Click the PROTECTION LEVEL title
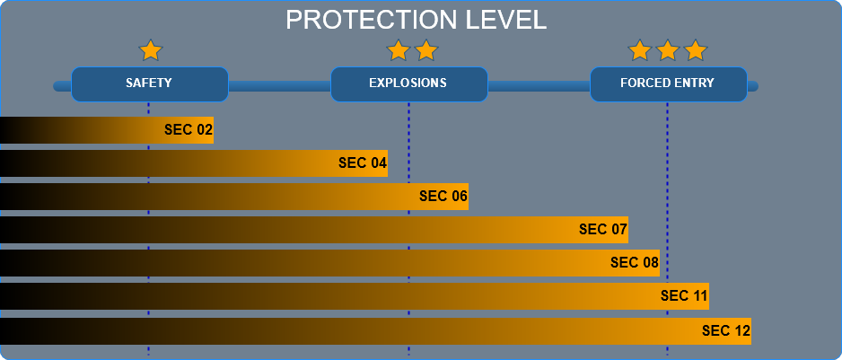pyautogui.click(x=417, y=20)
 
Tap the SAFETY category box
pyautogui.click(x=150, y=84)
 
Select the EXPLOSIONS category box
pyautogui.click(x=409, y=84)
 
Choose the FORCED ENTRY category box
pyautogui.click(x=669, y=84)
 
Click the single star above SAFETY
pyautogui.click(x=151, y=50)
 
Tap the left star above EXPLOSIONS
pyautogui.click(x=399, y=50)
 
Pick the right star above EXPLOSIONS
pyautogui.click(x=426, y=50)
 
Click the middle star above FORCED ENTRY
pyautogui.click(x=668, y=50)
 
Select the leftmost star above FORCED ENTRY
pyautogui.click(x=640, y=50)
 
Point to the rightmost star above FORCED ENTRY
pyautogui.click(x=696, y=50)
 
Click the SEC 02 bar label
pyautogui.click(x=189, y=130)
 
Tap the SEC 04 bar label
pyautogui.click(x=363, y=163)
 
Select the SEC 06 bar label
pyautogui.click(x=443, y=196)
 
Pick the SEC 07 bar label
pyautogui.click(x=603, y=230)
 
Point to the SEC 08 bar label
pyautogui.click(x=635, y=263)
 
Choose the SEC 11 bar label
pyautogui.click(x=685, y=296)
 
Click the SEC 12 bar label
pyautogui.click(x=726, y=331)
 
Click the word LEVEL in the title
pyautogui.click(x=506, y=20)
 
